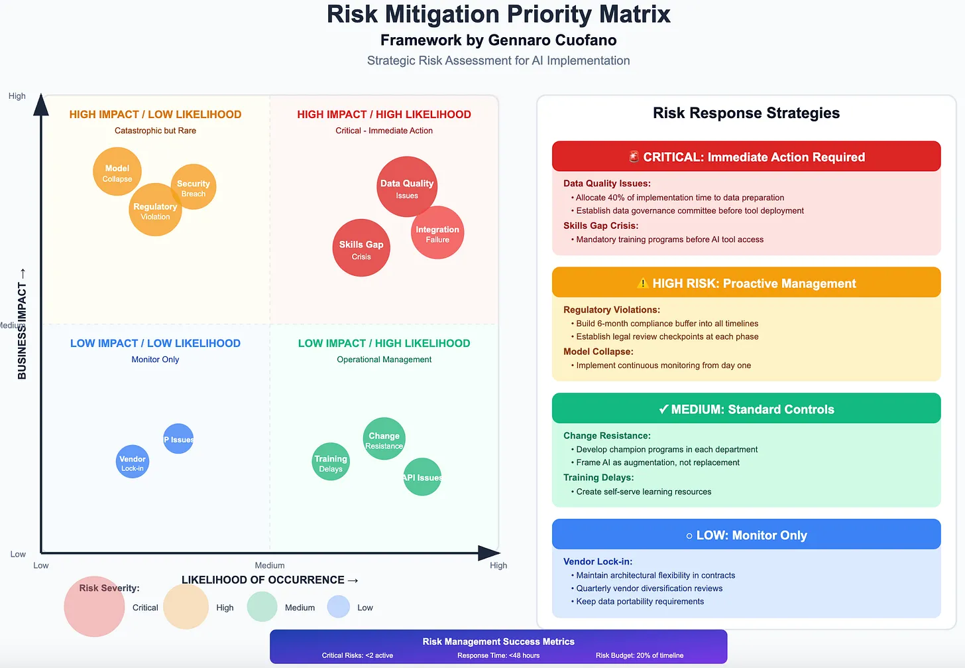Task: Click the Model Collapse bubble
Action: coord(117,172)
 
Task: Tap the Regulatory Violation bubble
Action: coord(155,210)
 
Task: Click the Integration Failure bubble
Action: coord(437,233)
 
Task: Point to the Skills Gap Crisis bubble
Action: coord(361,248)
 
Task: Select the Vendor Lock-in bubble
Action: coord(133,462)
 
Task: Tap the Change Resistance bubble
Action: coord(384,438)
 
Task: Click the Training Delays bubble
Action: coord(331,462)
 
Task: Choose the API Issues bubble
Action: coord(422,477)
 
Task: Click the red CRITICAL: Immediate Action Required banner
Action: coord(746,157)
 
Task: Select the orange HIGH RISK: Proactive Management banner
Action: coord(746,283)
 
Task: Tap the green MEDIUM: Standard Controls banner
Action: coord(746,409)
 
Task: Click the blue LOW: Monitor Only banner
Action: coord(746,535)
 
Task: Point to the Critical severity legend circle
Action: coord(94,607)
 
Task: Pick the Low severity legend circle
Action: coord(338,606)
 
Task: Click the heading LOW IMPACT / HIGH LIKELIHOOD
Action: coord(384,343)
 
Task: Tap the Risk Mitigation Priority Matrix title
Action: coord(498,15)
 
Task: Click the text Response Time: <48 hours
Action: coord(498,655)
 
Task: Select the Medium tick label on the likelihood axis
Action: coord(270,565)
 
